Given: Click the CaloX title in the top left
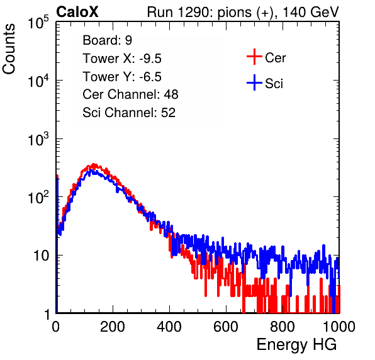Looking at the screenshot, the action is [x=77, y=12].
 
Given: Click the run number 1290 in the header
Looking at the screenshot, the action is [x=194, y=12].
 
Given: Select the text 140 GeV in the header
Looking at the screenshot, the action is [x=311, y=12].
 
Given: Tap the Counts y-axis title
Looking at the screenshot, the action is [x=9, y=49].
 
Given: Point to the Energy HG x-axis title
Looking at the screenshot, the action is [x=296, y=345].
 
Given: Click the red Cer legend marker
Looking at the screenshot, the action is [x=254, y=57].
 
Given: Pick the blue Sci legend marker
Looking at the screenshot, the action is [x=254, y=83].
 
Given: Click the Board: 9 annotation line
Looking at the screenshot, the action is [x=107, y=40].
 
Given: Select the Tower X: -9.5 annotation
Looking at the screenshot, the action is [x=122, y=59].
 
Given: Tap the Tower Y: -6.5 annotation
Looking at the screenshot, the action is [x=122, y=77].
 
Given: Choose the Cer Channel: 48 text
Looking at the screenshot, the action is [x=130, y=94].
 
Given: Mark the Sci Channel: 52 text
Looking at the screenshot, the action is [x=129, y=113].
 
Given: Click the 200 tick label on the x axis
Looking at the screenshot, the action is [x=113, y=327].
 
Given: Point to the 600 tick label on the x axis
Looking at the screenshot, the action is [x=226, y=327].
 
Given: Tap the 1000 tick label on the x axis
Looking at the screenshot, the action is [x=339, y=327].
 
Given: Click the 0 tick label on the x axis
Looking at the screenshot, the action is [x=56, y=327].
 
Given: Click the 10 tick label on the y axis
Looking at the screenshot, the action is [x=42, y=256].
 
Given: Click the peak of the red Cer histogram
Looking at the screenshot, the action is [x=94, y=165].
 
